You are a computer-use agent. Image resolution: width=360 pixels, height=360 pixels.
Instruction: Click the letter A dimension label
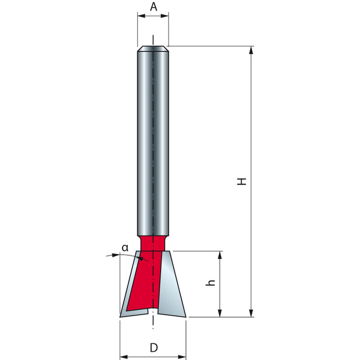pyautogui.click(x=153, y=7)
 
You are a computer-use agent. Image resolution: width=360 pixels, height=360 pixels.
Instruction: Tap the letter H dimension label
pyautogui.click(x=242, y=181)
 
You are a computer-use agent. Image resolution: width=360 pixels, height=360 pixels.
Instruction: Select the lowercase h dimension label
pyautogui.click(x=210, y=283)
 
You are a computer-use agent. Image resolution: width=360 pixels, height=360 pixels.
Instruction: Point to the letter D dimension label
pyautogui.click(x=154, y=348)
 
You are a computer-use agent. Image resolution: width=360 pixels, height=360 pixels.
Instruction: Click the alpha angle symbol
pyautogui.click(x=125, y=248)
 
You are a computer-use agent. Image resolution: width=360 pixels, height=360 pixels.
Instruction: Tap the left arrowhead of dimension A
pyautogui.click(x=141, y=16)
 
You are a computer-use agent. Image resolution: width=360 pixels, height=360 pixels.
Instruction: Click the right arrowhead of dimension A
pyautogui.click(x=165, y=16)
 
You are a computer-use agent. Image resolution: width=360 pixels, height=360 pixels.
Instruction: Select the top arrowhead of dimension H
pyautogui.click(x=251, y=50)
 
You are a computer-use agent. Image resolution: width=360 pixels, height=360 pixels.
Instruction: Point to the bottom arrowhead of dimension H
pyautogui.click(x=251, y=313)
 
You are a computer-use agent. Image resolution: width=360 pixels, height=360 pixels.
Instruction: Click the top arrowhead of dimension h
pyautogui.click(x=220, y=255)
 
